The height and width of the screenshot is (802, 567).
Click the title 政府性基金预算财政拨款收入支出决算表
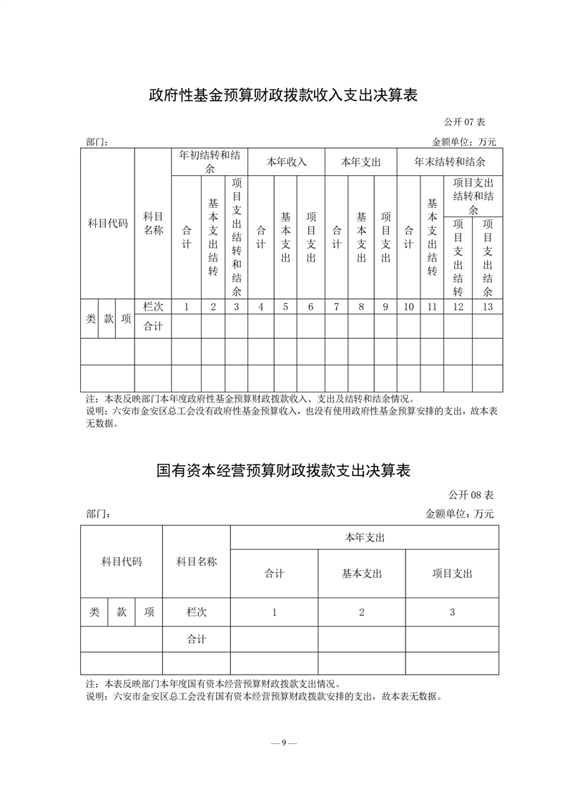pyautogui.click(x=282, y=95)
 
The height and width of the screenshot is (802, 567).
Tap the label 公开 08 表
pyautogui.click(x=472, y=495)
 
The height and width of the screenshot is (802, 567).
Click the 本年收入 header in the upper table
pyautogui.click(x=286, y=162)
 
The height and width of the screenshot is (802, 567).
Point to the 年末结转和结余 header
pyautogui.click(x=450, y=162)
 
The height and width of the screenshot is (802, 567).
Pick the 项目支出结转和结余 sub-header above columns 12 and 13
pyautogui.click(x=473, y=196)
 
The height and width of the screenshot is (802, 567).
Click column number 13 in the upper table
pyautogui.click(x=488, y=307)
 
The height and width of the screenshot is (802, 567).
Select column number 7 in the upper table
pyautogui.click(x=336, y=307)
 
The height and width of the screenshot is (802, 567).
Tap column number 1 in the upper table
pyautogui.click(x=187, y=307)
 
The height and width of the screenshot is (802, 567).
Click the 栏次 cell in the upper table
pyautogui.click(x=153, y=307)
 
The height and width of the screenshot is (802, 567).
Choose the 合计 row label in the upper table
pyautogui.click(x=153, y=327)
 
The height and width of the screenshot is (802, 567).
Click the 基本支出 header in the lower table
pyautogui.click(x=362, y=573)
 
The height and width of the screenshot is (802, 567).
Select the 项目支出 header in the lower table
pyautogui.click(x=452, y=573)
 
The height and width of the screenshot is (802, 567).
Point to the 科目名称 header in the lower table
pyautogui.click(x=197, y=562)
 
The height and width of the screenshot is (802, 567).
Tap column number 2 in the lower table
pyautogui.click(x=362, y=613)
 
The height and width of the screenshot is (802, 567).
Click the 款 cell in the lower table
pyautogui.click(x=122, y=613)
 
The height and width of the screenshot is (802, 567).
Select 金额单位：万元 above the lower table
pyautogui.click(x=459, y=513)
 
